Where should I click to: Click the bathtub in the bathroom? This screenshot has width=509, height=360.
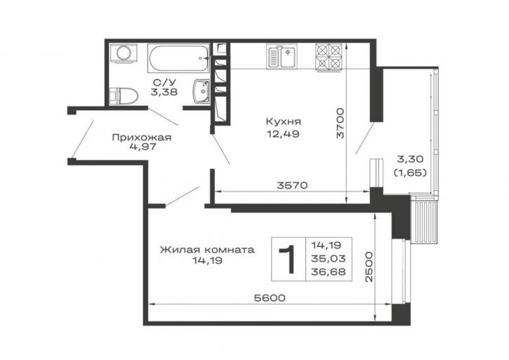(179, 58)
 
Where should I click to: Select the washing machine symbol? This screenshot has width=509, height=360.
(123, 52)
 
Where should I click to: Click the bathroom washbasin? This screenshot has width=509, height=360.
(201, 92)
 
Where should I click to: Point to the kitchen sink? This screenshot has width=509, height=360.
(282, 56)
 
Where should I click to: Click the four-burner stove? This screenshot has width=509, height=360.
(329, 57)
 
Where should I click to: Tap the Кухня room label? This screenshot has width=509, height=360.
(284, 121)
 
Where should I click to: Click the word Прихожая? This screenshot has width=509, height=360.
(142, 138)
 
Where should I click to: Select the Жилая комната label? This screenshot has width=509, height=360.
(207, 250)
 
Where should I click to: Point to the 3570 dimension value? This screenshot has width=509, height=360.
(292, 185)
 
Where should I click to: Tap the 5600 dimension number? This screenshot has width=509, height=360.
(270, 298)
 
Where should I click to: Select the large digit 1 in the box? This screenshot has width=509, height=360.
(288, 259)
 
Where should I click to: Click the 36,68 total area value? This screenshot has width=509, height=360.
(328, 272)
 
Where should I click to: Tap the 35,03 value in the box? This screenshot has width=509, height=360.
(328, 258)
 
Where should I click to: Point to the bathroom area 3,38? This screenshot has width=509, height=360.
(164, 92)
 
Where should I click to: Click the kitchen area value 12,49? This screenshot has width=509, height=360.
(283, 133)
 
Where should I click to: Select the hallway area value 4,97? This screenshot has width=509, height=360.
(143, 147)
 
